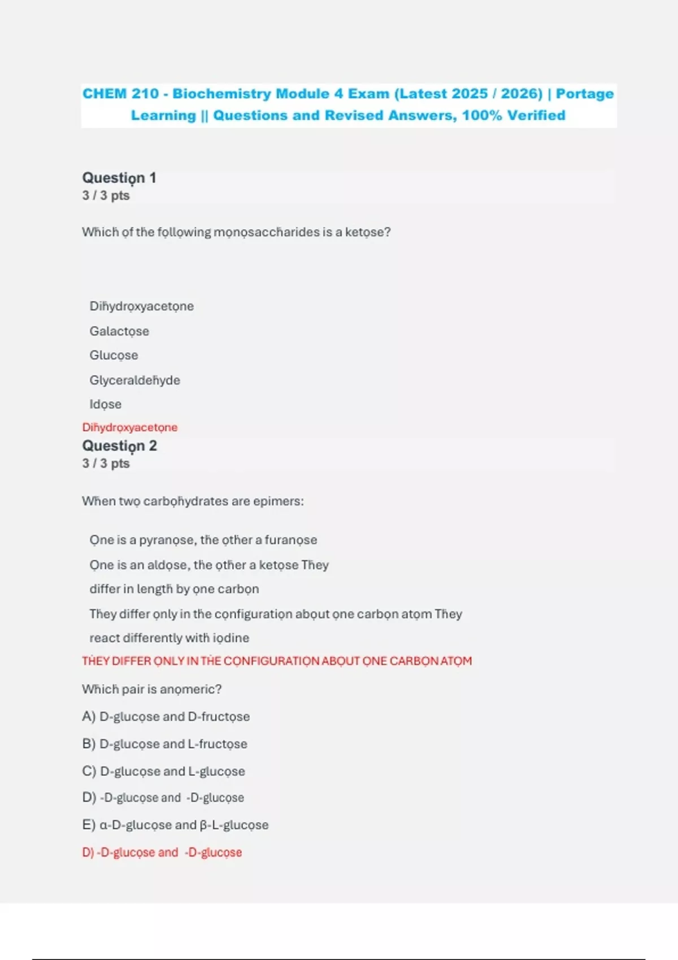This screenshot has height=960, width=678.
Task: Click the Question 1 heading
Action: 119,178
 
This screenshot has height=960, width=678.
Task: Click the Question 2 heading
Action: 119,446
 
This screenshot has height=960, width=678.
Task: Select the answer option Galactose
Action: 119,331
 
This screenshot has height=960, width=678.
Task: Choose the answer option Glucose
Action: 114,355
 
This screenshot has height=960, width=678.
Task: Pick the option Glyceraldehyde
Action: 134,380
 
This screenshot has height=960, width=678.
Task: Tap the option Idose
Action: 105,404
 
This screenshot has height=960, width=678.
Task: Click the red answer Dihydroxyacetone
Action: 129,427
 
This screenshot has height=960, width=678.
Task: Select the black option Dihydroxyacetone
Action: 141,306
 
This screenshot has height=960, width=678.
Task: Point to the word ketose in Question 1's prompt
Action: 364,232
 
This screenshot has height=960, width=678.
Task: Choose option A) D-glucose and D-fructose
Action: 166,717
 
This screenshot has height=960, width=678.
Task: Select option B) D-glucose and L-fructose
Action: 164,744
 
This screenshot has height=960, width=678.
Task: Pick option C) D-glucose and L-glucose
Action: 163,771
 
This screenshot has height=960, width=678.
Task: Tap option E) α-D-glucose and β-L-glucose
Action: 175,825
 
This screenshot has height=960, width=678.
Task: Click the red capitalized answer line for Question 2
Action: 276,661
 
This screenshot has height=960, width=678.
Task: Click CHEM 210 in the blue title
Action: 120,94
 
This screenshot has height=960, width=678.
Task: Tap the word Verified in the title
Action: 536,116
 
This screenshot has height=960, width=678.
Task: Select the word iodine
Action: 231,638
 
